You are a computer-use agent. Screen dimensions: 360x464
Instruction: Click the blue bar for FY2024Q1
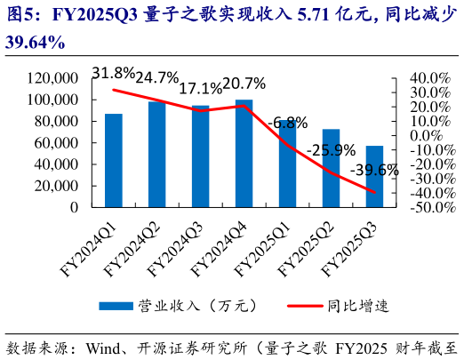114,160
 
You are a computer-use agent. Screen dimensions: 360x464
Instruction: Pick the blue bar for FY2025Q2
331,168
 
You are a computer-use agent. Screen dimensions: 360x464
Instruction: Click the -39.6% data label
374,169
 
